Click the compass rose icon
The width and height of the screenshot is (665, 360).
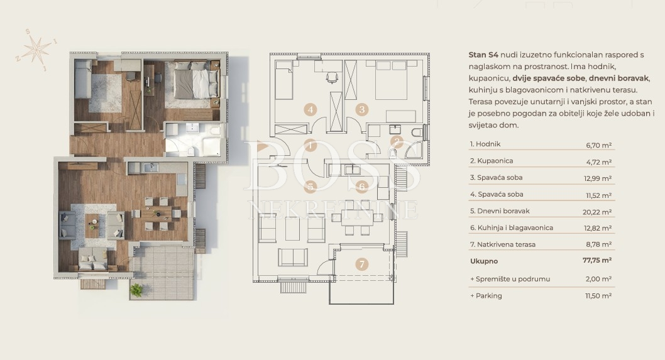[37, 50]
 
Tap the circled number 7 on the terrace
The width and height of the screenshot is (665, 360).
[362, 264]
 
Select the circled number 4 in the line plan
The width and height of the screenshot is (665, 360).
[311, 110]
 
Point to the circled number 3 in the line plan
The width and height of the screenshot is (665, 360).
[362, 110]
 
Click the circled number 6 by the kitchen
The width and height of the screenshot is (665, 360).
[362, 186]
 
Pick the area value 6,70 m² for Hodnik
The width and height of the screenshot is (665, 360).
[599, 145]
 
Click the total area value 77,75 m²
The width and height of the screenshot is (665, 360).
[597, 260]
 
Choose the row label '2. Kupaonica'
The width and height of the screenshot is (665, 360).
[492, 161]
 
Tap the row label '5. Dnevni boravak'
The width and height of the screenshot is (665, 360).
[500, 210]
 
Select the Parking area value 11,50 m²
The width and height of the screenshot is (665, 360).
[598, 296]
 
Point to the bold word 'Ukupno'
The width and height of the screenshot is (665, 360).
[484, 261]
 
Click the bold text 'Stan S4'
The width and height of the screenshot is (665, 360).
[483, 55]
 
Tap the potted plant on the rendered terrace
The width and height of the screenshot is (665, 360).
[136, 290]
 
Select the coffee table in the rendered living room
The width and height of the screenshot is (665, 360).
[93, 225]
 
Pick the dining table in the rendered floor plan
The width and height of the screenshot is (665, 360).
[157, 213]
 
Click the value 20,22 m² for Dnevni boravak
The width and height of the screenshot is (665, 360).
[597, 212]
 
